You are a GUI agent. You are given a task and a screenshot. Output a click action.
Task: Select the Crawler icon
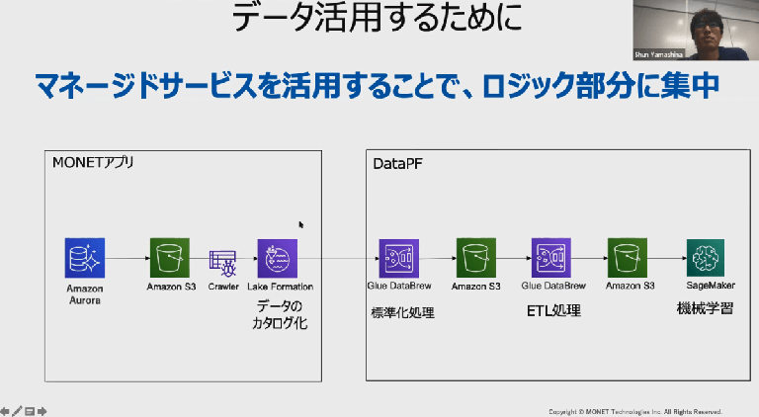pos(221,260)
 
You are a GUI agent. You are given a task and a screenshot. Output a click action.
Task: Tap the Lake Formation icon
pos(278,259)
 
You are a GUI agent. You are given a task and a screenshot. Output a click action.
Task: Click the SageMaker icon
pos(709,258)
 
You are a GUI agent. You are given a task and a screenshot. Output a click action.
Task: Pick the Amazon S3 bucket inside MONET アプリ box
pos(170,259)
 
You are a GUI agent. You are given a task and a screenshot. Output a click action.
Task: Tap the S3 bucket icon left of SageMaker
pos(630,259)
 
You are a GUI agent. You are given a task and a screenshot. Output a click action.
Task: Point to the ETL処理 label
pos(552,311)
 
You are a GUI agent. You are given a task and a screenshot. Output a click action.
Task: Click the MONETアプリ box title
pos(94,161)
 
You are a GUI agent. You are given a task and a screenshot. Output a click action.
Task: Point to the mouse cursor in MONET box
pos(301,225)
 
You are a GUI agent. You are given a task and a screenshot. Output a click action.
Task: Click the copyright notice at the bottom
pos(634,411)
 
